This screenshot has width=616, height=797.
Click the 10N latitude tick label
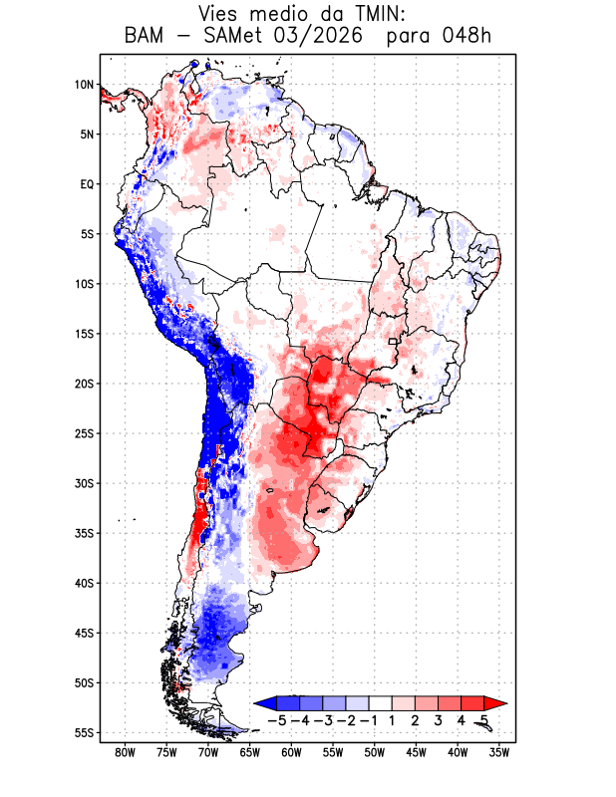pos(84,85)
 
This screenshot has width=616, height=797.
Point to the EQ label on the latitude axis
pos(87,184)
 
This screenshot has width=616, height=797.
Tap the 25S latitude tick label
pos(85,433)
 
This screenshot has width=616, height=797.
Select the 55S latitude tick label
pos(85,733)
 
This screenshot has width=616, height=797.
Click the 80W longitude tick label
pos(126,753)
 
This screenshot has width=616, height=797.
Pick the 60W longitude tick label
pos(291,753)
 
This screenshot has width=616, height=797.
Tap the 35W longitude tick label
pos(499,753)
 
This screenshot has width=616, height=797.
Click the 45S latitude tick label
pos(85,634)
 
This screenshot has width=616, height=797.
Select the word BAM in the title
pos(144,36)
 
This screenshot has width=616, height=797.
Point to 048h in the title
pos(466,36)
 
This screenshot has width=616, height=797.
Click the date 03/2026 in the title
pos(318,36)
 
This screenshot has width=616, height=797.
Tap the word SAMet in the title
pos(233,36)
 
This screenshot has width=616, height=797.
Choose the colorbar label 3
pos(438,720)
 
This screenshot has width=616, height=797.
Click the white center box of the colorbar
pos(381,703)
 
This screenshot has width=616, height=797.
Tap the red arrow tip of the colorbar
pos(506,703)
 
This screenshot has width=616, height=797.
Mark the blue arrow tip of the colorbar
pos(254,703)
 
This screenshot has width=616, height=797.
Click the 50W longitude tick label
pos(375,753)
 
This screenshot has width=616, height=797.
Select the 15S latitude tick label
pos(85,334)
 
